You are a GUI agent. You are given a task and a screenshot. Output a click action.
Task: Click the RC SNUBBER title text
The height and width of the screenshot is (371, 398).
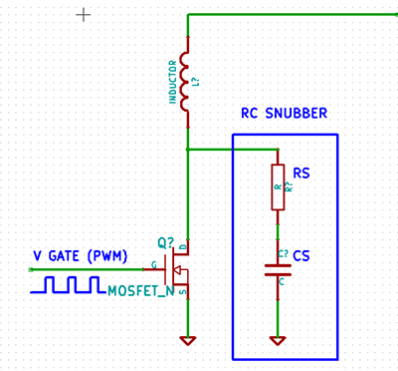pos(285,115)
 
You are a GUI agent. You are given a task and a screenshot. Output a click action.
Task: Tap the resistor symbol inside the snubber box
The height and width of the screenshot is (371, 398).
pos(279,186)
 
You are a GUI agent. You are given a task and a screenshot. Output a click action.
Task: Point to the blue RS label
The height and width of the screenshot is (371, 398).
pos(300,173)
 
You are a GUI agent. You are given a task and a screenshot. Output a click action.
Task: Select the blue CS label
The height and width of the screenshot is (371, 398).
pos(301,257)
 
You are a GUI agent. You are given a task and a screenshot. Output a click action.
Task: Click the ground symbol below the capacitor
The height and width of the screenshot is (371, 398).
pos(279,340)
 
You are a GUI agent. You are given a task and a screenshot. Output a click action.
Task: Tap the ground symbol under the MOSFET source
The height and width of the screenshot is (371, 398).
pos(186,340)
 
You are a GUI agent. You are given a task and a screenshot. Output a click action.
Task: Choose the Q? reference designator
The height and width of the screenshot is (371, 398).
pos(165,242)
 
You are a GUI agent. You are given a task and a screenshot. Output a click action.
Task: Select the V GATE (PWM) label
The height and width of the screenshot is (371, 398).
pos(81,255)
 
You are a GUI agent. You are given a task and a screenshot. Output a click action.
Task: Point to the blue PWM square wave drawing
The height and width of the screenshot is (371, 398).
pos(67,286)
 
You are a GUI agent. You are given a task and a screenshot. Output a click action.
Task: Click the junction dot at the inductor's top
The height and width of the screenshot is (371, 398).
pos(186,15)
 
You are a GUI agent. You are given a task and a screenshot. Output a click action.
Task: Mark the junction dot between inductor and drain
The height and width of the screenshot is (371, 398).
pos(186,150)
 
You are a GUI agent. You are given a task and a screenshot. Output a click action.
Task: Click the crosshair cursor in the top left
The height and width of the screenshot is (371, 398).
pos(84,15)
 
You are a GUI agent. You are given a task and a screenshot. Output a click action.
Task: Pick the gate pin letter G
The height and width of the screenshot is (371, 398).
pos(153,265)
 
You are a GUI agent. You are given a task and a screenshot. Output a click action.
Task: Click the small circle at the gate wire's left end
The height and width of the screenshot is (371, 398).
pos(36,269)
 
